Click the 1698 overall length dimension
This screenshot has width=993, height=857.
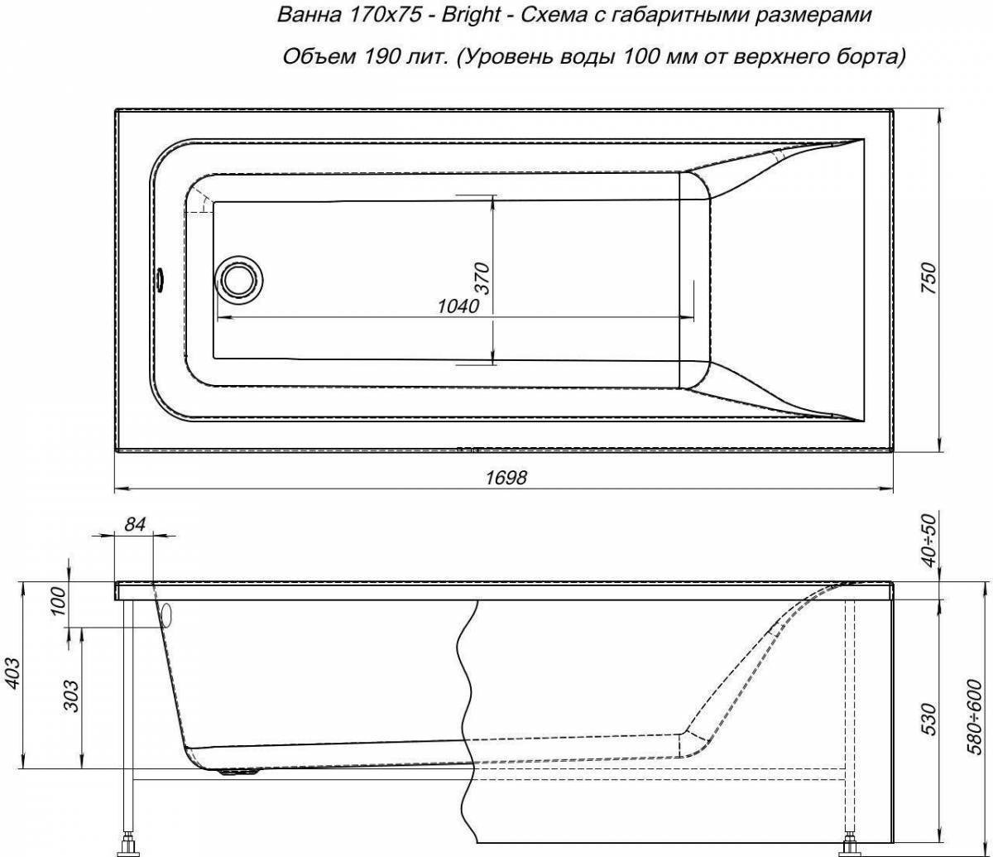coord(506,477)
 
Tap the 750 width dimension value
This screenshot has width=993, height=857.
coord(928,278)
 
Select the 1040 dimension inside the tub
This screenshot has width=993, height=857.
coord(458,306)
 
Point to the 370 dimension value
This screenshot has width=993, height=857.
coord(482,278)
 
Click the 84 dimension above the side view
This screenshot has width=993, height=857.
coord(135,524)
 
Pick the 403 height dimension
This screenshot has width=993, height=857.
coord(13,673)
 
